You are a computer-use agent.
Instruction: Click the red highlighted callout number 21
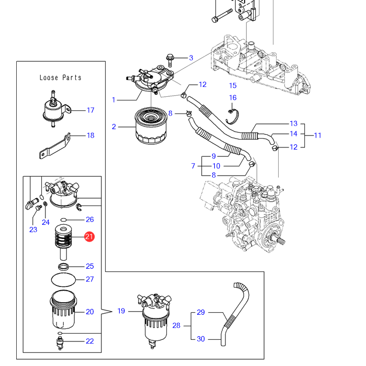[x=89, y=237]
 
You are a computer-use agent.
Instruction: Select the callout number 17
[x=90, y=110]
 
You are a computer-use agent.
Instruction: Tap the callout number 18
[x=90, y=135]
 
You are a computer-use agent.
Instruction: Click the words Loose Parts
[x=61, y=77]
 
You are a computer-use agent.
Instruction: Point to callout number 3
[x=191, y=58]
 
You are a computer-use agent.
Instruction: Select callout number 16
[x=233, y=97]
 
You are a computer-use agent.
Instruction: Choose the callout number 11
[x=317, y=135]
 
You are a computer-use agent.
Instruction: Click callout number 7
[x=193, y=166]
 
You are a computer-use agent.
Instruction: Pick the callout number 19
[x=121, y=311]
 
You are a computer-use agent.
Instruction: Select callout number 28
[x=176, y=325]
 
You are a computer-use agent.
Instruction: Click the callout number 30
[x=201, y=339]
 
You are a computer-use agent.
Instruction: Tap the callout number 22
[x=90, y=341]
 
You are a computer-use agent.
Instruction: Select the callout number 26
[x=90, y=220]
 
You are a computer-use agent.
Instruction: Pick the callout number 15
[x=233, y=85]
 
